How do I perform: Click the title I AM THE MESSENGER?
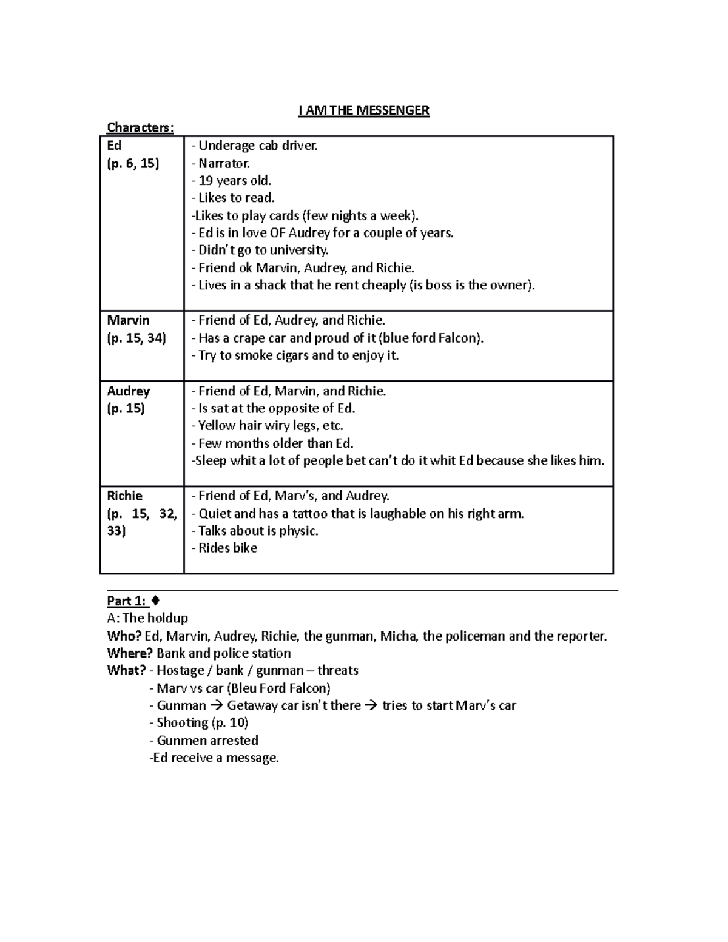point(364,110)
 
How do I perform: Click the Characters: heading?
point(140,127)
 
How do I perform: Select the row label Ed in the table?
point(114,146)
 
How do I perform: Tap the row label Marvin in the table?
point(128,320)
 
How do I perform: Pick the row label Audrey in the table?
point(128,391)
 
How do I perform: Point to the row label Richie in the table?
point(124,496)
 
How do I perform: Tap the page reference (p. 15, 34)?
point(136,338)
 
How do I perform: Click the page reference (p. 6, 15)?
point(133,163)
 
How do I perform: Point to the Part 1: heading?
point(126,601)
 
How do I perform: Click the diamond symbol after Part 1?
point(156,601)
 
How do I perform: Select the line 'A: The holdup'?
point(147,618)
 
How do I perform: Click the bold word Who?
point(124,636)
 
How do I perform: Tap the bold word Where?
point(130,653)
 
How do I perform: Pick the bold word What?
point(126,670)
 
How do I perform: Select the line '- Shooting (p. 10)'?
point(199,722)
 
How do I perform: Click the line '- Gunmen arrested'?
point(204,740)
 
